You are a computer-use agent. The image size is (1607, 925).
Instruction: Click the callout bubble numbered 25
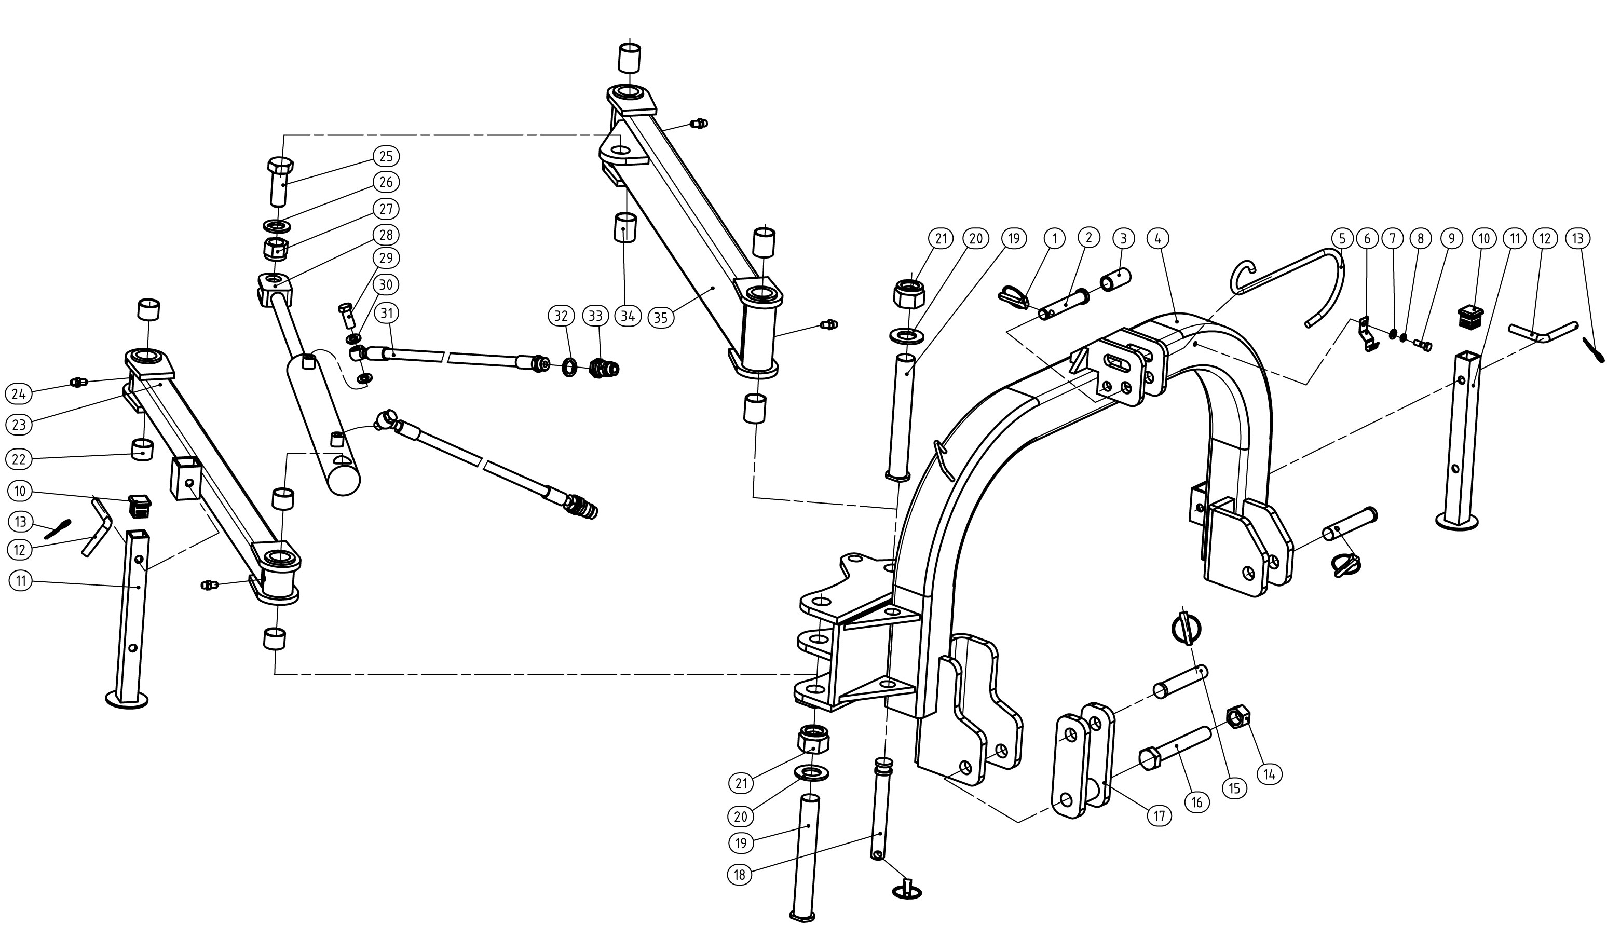(x=386, y=156)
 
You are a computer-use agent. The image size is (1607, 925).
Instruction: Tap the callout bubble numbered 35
(x=661, y=317)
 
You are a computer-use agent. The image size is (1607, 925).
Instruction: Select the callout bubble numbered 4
(x=1158, y=239)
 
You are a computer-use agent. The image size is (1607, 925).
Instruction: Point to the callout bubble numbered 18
(x=739, y=875)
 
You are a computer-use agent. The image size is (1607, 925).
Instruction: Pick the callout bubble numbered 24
(x=18, y=394)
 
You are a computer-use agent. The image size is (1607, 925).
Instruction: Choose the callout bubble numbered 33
(x=595, y=316)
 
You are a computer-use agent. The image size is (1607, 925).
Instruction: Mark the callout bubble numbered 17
(x=1159, y=815)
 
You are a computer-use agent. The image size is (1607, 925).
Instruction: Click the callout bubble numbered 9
(x=1451, y=239)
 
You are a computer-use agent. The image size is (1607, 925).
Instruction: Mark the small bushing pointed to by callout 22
(x=142, y=451)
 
